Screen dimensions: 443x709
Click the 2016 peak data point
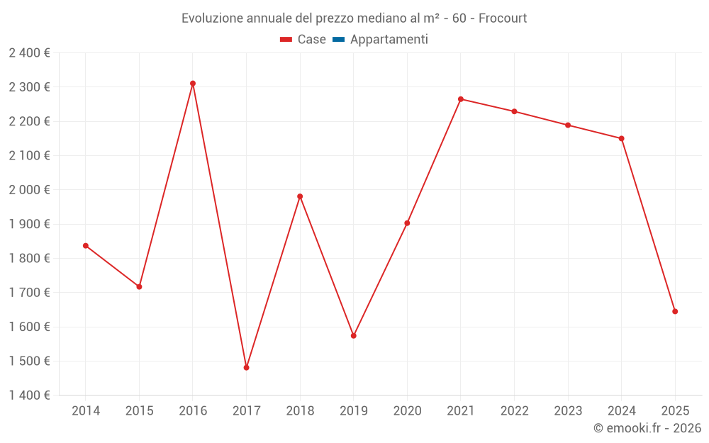pos(193,84)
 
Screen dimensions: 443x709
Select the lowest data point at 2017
pos(246,368)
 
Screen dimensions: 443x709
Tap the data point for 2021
pos(461,99)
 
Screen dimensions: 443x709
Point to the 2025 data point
pos(675,311)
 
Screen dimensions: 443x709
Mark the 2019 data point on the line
pos(354,336)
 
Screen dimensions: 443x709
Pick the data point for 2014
pos(86,246)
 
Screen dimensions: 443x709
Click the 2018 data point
pos(300,196)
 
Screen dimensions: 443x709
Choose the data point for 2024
pos(622,138)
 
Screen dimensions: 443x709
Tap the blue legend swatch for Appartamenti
pos(338,40)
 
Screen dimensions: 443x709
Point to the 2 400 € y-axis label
pos(29,53)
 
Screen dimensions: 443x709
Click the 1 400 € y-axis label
pos(29,396)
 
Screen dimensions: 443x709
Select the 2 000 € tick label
pos(29,190)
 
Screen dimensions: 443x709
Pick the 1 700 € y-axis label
pos(29,293)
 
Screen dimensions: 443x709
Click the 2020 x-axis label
pos(407,411)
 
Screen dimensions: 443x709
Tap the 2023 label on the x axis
pos(568,411)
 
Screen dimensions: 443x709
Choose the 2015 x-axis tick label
pos(139,411)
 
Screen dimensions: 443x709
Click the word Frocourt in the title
pos(503,18)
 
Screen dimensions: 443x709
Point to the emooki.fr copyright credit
pos(647,428)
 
